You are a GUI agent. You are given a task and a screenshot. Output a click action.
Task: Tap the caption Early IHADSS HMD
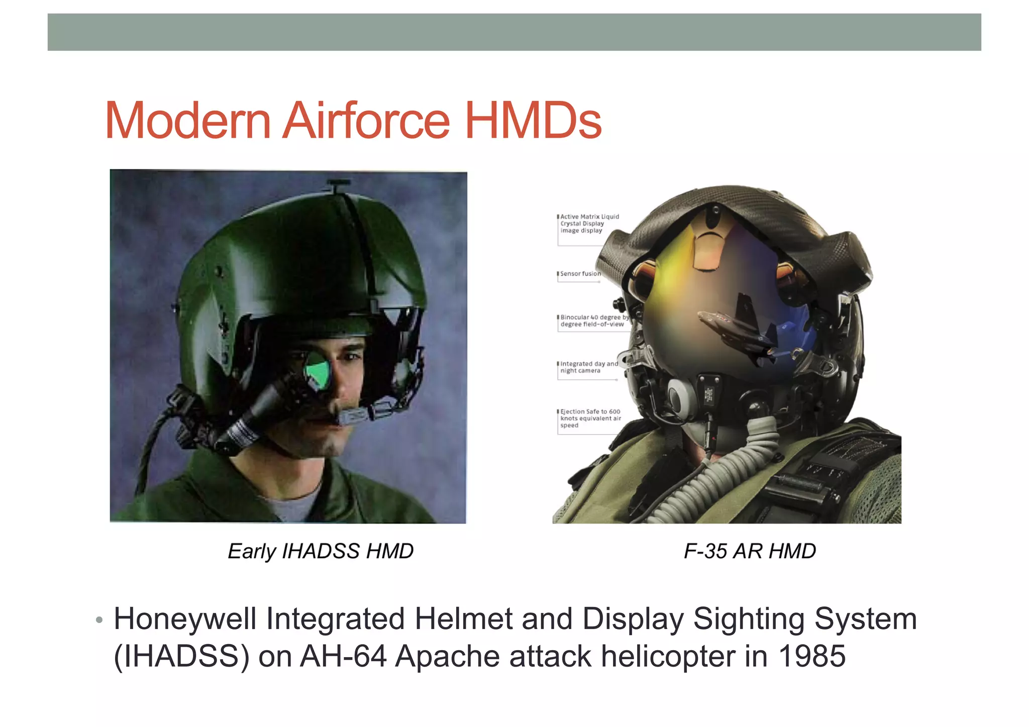pyautogui.click(x=321, y=551)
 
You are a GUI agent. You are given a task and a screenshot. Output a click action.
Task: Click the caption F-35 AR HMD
pyautogui.click(x=750, y=551)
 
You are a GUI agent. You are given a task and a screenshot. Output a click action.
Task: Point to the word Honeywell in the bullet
pyautogui.click(x=185, y=619)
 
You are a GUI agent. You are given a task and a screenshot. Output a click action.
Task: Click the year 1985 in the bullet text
pyautogui.click(x=812, y=656)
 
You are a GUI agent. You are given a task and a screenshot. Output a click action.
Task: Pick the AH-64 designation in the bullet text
pyautogui.click(x=343, y=656)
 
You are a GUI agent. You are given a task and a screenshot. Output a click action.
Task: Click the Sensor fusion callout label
pyautogui.click(x=580, y=274)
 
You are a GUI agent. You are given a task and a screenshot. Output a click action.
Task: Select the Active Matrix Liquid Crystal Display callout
pyautogui.click(x=589, y=224)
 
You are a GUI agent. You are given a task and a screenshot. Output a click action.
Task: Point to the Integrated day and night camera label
pyautogui.click(x=588, y=367)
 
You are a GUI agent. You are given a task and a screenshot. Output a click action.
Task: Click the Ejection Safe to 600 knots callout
pyautogui.click(x=590, y=418)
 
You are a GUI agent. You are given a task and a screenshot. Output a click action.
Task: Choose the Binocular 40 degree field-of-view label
pyautogui.click(x=593, y=321)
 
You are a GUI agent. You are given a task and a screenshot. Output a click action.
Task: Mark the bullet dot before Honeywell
pyautogui.click(x=99, y=620)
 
